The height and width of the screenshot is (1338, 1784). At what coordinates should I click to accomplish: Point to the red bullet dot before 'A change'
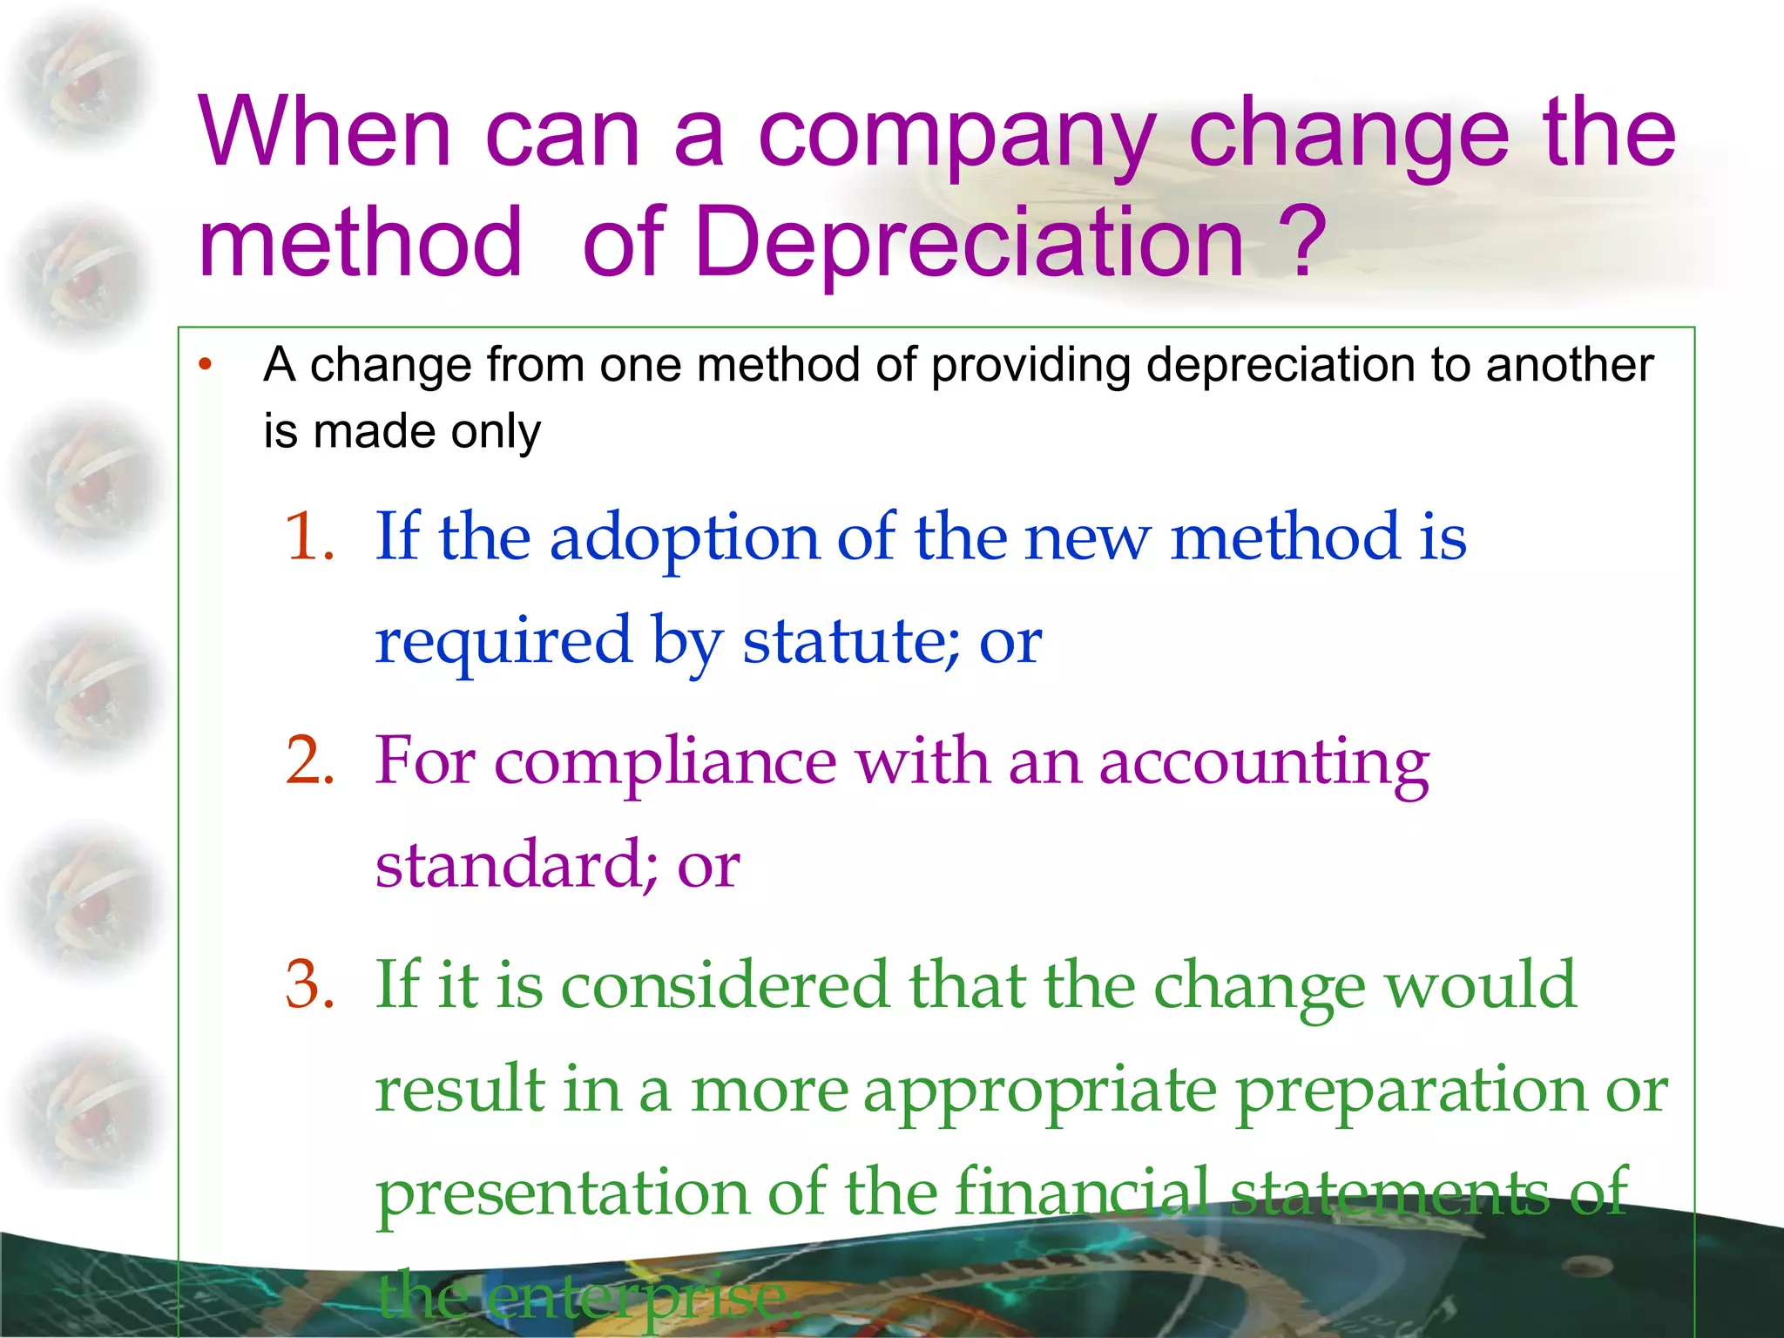point(206,365)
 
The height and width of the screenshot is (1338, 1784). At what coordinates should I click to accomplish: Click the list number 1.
point(309,537)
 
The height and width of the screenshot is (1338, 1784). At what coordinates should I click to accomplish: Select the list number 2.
point(309,760)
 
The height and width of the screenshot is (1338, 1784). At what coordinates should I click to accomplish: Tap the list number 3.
point(309,985)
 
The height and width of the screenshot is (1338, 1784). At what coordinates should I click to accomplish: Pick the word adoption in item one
point(684,538)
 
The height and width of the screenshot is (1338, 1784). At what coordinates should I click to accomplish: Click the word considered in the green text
point(724,985)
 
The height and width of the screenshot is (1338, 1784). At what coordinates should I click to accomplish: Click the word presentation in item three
point(562,1193)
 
